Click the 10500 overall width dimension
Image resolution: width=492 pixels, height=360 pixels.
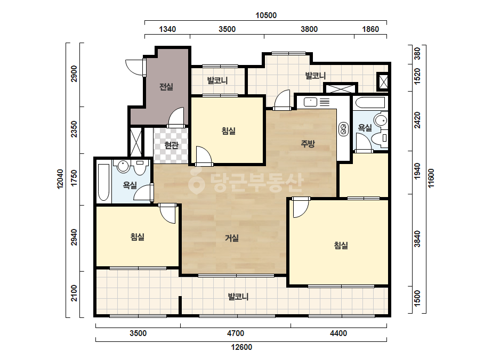point(266,15)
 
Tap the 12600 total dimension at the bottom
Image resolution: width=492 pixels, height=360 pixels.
point(241,347)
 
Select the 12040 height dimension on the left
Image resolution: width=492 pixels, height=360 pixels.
point(60,179)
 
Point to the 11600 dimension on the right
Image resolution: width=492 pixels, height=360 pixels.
point(431,178)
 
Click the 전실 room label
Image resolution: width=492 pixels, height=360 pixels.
point(166,87)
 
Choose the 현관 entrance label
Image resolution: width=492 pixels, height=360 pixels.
point(171,145)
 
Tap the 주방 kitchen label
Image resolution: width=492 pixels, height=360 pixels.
point(308,144)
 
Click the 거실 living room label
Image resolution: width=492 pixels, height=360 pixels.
point(232,238)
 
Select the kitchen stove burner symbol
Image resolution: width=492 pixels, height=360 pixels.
point(343,129)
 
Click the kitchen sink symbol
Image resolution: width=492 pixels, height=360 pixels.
point(310,102)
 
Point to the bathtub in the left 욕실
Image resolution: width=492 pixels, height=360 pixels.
point(103,183)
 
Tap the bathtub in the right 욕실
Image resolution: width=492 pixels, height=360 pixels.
point(369,103)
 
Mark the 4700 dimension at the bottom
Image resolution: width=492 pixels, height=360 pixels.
point(235,333)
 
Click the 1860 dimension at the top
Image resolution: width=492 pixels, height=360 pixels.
point(370,29)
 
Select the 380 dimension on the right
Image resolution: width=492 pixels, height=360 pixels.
point(417,53)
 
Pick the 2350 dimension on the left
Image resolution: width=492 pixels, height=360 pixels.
point(74,129)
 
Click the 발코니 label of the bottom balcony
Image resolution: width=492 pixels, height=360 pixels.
point(238,296)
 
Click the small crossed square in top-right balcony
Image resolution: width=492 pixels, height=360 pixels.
point(383,82)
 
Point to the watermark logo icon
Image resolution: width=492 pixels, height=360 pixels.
point(196,181)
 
